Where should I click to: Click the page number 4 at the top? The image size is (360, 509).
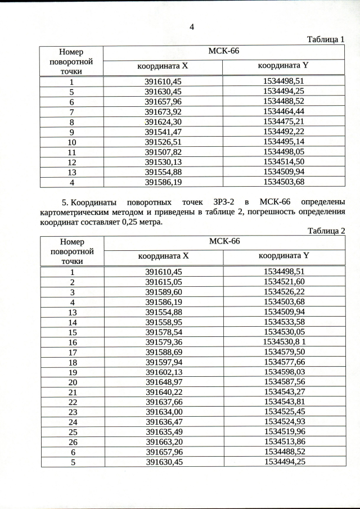pyautogui.click(x=191, y=27)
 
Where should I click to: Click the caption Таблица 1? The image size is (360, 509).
pyautogui.click(x=325, y=39)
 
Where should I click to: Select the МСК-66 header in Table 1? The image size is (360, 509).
pyautogui.click(x=224, y=51)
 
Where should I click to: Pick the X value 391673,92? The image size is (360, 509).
pyautogui.click(x=163, y=111)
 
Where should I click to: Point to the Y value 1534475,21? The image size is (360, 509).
pyautogui.click(x=283, y=121)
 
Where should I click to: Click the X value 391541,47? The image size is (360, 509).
pyautogui.click(x=163, y=132)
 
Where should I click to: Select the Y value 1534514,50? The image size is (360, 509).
pyautogui.click(x=283, y=162)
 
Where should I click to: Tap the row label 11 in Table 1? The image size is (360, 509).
pyautogui.click(x=71, y=152)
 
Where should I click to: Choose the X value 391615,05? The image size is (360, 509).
pyautogui.click(x=164, y=282)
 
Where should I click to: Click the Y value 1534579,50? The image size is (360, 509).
pyautogui.click(x=284, y=352)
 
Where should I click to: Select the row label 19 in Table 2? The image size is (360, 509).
pyautogui.click(x=72, y=372)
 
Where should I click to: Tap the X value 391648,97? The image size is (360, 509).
pyautogui.click(x=164, y=382)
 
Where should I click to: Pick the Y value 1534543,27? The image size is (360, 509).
pyautogui.click(x=284, y=392)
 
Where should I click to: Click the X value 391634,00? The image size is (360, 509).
pyautogui.click(x=164, y=412)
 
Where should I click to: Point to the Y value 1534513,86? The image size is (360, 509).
pyautogui.click(x=284, y=442)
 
